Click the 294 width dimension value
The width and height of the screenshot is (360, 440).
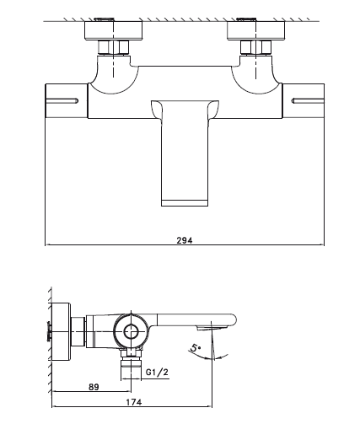pos(185,240)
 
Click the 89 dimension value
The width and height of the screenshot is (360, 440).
pos(94,387)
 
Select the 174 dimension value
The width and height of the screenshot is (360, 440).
pos(134,402)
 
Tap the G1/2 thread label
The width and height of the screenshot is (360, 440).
pos(157,373)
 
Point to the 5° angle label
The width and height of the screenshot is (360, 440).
pos(195,347)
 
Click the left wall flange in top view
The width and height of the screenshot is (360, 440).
pos(114,31)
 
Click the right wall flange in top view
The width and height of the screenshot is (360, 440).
pos(255,31)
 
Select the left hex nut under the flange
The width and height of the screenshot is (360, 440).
pos(114,47)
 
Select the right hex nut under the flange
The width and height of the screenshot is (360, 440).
pos(255,47)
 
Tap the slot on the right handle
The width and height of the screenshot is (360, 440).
pos(308,100)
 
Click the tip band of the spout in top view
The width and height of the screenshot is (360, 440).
pos(185,203)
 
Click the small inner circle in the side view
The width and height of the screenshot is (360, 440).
pos(132,332)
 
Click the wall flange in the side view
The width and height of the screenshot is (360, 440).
pos(61,331)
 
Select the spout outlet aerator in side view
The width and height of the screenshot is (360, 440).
pos(212,327)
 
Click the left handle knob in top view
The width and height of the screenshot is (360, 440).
pos(67,100)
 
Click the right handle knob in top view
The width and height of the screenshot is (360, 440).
pos(304,100)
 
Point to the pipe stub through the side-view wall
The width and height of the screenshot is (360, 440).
pos(50,331)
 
